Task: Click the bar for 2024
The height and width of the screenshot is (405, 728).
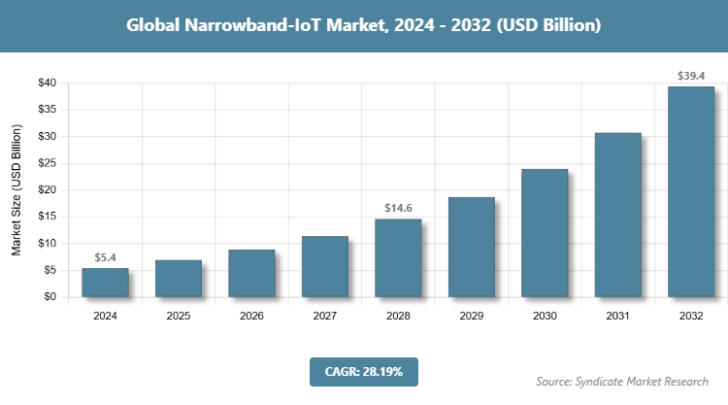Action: click(105, 283)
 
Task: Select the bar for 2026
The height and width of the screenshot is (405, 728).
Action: click(251, 274)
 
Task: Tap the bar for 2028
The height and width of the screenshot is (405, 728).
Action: click(398, 258)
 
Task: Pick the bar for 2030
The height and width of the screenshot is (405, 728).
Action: click(545, 233)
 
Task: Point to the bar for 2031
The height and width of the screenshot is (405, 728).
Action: click(618, 215)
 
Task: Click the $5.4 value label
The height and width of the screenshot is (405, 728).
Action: click(105, 257)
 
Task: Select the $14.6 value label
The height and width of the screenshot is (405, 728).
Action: click(398, 208)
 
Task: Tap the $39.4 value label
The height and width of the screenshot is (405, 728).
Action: click(691, 75)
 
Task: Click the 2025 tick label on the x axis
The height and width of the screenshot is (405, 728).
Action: click(179, 316)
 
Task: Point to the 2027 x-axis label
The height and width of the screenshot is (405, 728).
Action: click(325, 316)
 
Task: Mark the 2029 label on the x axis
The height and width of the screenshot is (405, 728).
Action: click(472, 316)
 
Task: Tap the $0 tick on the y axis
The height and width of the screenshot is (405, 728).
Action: click(47, 297)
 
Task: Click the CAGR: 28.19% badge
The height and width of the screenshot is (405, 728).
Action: click(363, 371)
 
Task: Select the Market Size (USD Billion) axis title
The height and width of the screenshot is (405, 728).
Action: click(17, 189)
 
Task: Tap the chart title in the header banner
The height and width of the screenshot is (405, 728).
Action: click(364, 25)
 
